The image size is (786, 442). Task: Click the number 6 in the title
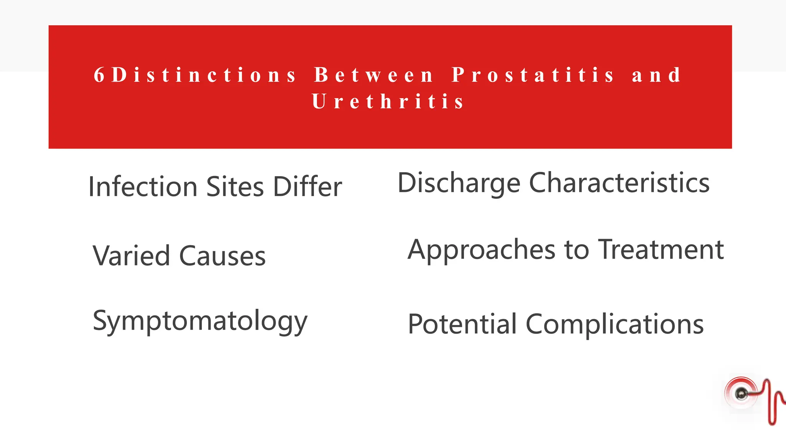99,75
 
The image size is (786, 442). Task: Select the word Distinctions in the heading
203,75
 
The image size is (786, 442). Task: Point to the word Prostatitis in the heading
533,75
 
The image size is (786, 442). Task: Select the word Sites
235,187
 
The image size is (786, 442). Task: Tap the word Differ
307,187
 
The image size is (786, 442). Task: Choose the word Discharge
459,183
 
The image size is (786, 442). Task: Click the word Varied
131,256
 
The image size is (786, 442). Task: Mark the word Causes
222,256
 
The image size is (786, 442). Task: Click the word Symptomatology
200,321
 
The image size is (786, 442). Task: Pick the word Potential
462,324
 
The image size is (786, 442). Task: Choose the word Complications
614,324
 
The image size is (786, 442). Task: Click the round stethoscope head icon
741,394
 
